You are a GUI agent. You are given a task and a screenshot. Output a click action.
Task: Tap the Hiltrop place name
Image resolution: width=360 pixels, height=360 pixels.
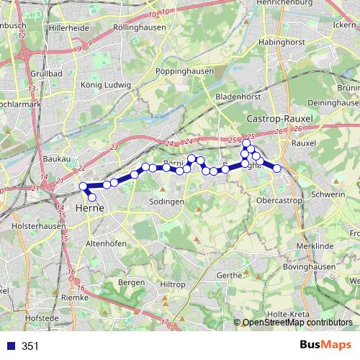173,285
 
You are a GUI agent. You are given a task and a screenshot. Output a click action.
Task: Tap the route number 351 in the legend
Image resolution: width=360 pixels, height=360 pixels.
30,346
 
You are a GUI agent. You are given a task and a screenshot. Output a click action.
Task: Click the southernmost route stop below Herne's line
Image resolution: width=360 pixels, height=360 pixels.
91,197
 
